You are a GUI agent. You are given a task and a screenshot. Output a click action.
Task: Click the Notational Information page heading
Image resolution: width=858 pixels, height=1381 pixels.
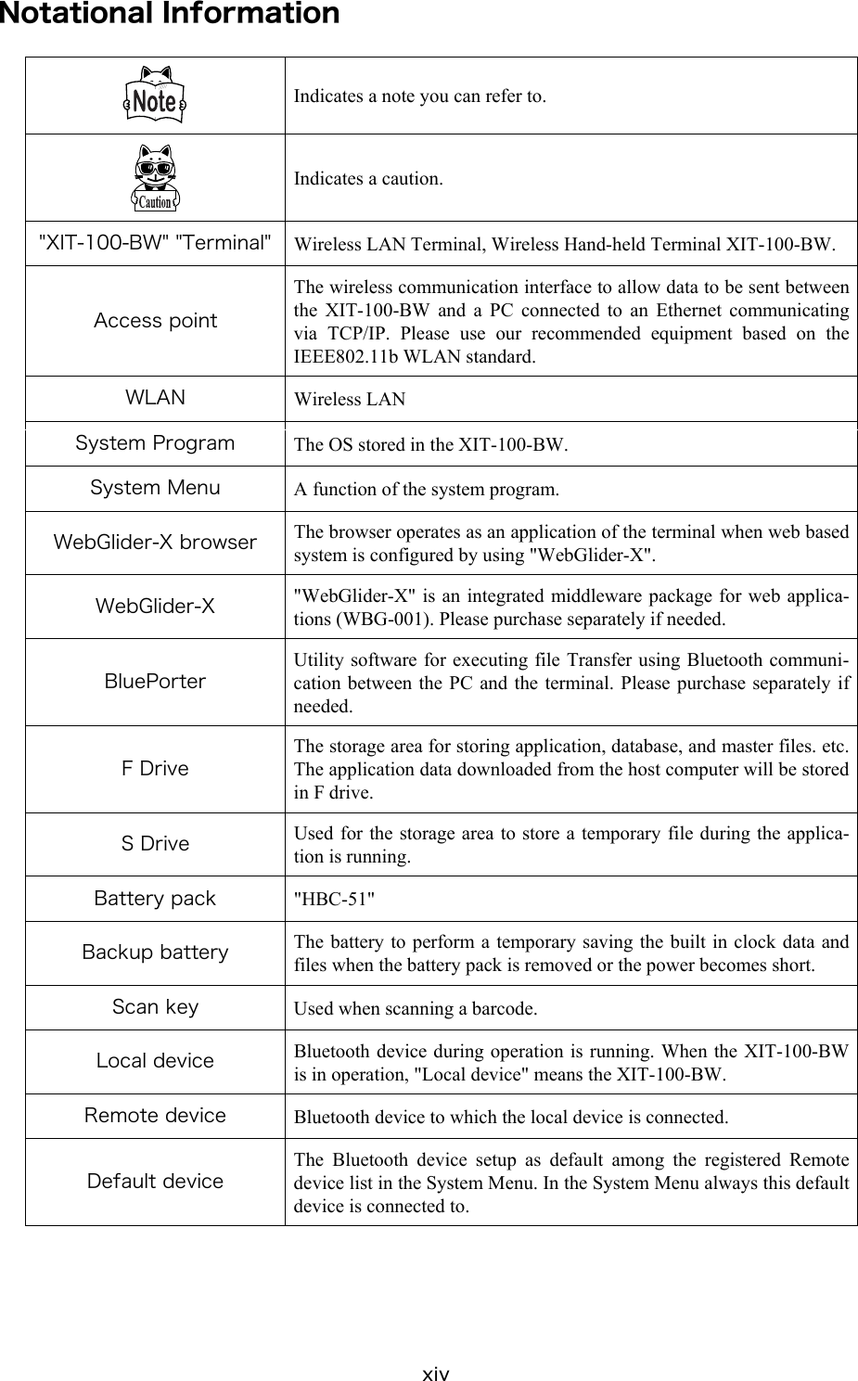click(x=170, y=15)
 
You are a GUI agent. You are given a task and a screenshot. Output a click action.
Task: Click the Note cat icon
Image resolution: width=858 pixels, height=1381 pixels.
click(x=155, y=96)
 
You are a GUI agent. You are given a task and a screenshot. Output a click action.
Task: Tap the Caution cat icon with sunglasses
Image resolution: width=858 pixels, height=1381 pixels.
click(x=155, y=177)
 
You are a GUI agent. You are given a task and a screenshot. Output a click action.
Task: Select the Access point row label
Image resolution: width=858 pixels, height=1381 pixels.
click(x=155, y=321)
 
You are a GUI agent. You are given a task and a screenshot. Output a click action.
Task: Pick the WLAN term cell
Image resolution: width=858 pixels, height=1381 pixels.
click(x=155, y=398)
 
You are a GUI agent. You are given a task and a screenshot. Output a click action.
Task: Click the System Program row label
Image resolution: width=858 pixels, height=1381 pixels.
click(x=155, y=443)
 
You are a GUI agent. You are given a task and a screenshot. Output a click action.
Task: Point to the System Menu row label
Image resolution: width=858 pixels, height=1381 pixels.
click(x=155, y=488)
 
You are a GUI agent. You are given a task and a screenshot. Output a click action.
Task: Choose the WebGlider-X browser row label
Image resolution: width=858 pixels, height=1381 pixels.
click(x=155, y=543)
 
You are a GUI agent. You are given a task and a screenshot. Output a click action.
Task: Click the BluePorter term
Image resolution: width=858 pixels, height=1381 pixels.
click(x=155, y=682)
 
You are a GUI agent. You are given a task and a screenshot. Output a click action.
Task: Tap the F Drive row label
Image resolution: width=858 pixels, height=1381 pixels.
click(x=155, y=769)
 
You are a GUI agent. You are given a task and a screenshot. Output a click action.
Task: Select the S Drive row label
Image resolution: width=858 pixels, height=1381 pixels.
click(x=155, y=844)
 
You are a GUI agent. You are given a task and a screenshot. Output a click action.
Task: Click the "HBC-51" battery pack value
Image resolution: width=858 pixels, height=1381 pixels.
click(x=335, y=899)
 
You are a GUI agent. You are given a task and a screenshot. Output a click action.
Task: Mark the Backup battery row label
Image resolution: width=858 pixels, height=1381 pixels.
click(x=155, y=953)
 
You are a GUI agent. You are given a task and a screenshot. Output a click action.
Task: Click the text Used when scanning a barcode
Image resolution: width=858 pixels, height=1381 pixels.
click(x=415, y=1008)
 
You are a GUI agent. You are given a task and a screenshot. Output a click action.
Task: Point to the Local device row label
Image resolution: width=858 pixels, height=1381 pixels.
click(x=155, y=1061)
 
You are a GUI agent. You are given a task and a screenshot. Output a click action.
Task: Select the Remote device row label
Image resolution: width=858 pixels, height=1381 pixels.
click(x=155, y=1116)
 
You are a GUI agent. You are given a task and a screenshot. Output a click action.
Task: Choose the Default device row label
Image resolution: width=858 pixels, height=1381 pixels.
click(x=155, y=1182)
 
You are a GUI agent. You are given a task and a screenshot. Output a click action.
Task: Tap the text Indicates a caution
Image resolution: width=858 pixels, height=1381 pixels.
click(x=368, y=178)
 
